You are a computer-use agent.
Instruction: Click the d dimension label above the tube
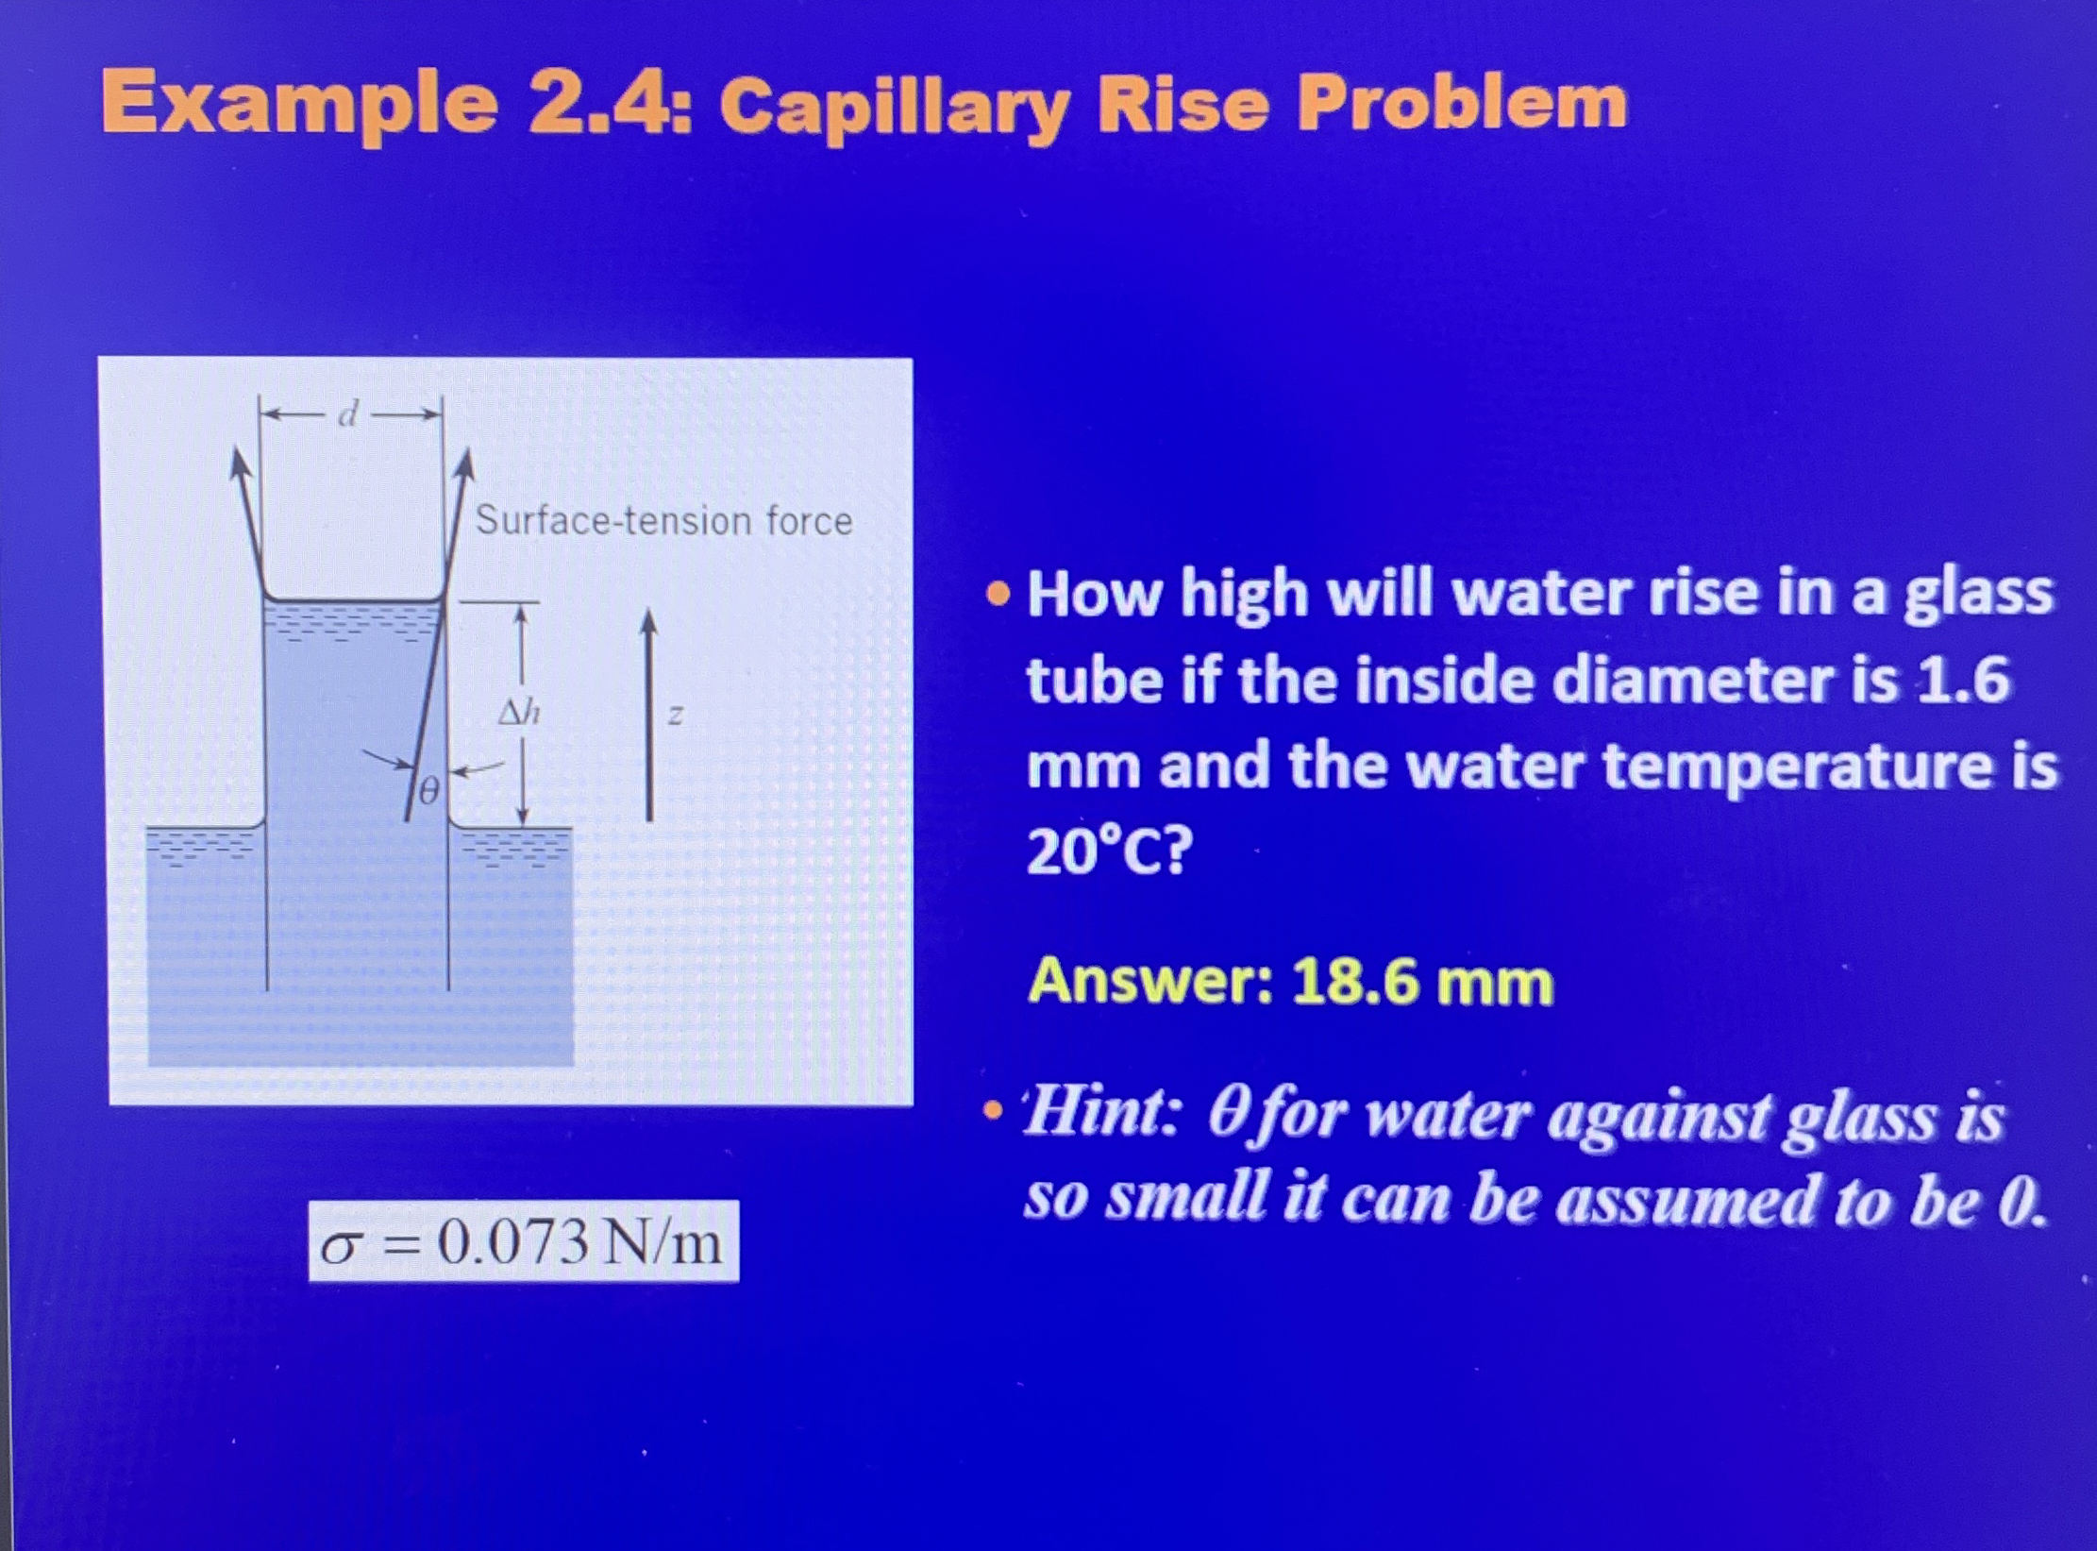tap(348, 413)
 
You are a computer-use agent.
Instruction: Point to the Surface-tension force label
tap(663, 520)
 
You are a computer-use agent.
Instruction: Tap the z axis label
tap(674, 715)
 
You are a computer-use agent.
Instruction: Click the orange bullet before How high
tap(995, 596)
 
